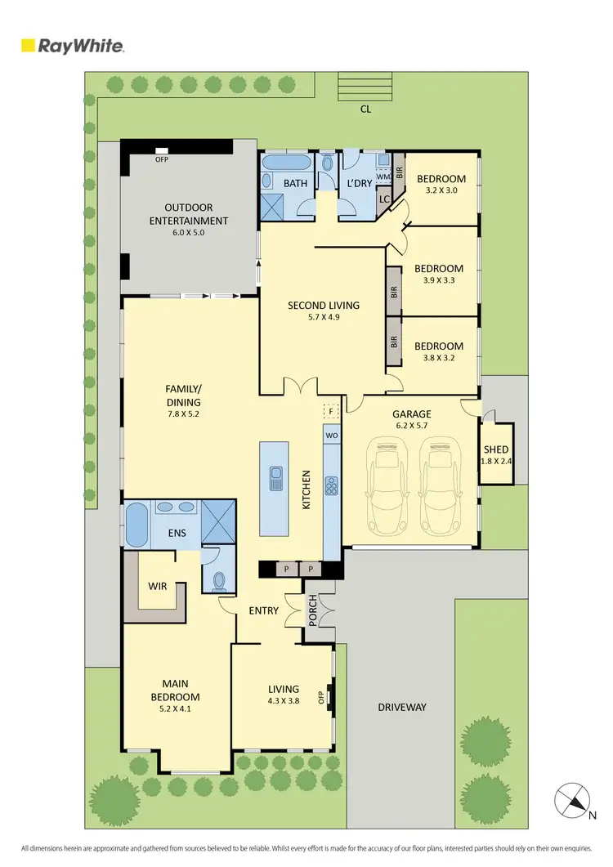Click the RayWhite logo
73,46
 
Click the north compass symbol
573,800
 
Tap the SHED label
496,449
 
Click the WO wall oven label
332,436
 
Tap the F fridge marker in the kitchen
331,412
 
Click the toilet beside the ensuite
219,579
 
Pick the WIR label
158,587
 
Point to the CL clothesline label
365,109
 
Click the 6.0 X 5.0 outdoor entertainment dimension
188,233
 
